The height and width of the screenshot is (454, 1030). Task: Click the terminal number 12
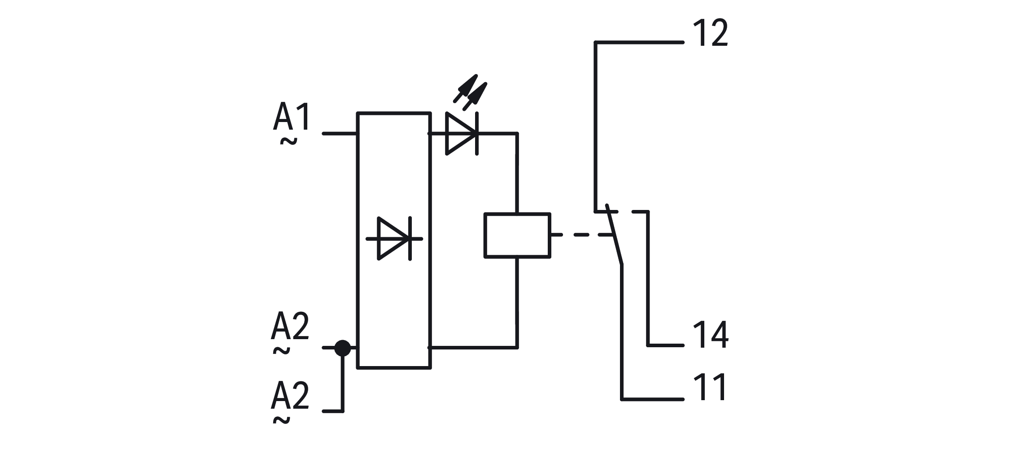(x=710, y=33)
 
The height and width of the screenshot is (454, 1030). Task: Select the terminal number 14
(x=711, y=335)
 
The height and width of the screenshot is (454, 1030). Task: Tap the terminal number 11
(x=710, y=388)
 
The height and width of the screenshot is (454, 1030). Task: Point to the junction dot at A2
(x=343, y=348)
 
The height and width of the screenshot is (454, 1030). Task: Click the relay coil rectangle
(x=517, y=236)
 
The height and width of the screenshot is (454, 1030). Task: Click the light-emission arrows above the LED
(x=470, y=92)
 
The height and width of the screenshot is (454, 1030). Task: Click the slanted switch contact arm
(x=614, y=235)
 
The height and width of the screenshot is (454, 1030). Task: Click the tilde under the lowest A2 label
(x=281, y=420)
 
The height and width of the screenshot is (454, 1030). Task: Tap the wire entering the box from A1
(x=340, y=134)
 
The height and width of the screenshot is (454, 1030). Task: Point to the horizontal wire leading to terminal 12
(x=639, y=43)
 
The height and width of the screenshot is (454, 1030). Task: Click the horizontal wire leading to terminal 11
(x=653, y=399)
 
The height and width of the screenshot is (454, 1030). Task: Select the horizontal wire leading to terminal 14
(x=666, y=345)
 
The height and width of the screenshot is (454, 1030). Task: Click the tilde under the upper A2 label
(x=281, y=351)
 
